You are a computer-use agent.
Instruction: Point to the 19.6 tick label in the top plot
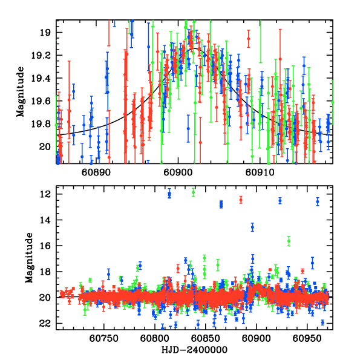pyautogui.click(x=45, y=101)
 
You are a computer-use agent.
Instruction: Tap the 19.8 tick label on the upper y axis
pyautogui.click(x=45, y=124)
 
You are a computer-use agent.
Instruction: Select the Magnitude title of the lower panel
pyautogui.click(x=29, y=259)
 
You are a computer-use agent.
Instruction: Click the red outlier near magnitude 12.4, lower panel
pyautogui.click(x=240, y=200)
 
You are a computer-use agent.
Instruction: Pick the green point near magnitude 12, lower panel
pyautogui.click(x=193, y=192)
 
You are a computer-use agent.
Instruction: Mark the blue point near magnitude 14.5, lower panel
pyautogui.click(x=252, y=227)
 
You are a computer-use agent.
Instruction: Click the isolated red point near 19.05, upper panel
pyautogui.click(x=248, y=39)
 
